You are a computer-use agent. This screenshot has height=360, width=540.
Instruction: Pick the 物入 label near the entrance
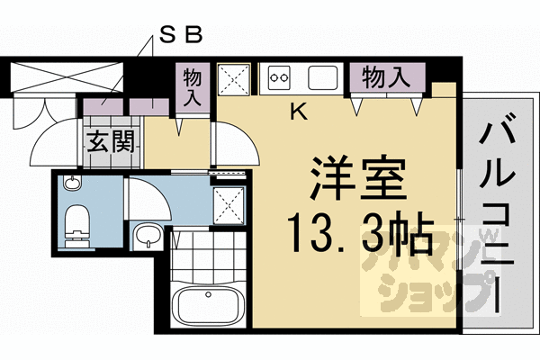192,86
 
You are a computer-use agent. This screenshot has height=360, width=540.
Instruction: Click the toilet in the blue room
76,222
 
